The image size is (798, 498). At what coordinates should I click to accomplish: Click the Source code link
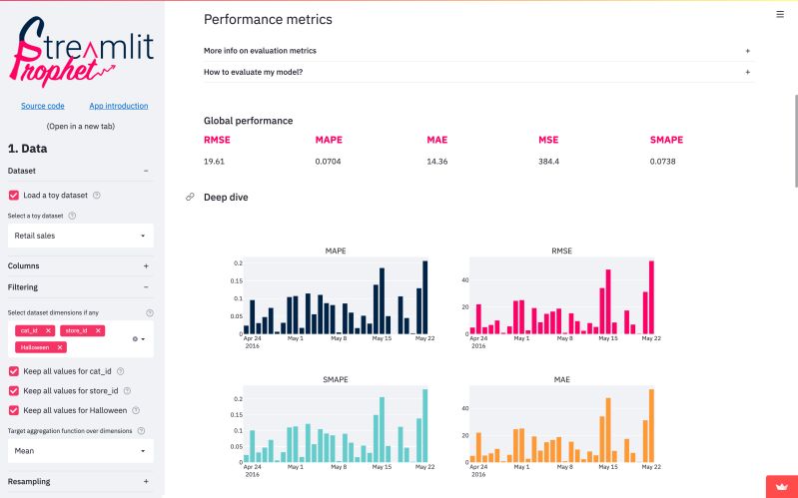43,106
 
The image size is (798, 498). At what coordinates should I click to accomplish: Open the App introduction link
118,106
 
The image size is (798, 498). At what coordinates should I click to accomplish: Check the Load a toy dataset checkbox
14,196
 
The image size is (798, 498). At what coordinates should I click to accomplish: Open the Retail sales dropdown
81,236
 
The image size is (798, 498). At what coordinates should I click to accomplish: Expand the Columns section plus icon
146,266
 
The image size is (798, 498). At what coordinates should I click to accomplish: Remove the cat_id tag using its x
48,330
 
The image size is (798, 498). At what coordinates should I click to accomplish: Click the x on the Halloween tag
60,347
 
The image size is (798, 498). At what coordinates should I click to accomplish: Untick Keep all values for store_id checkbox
14,390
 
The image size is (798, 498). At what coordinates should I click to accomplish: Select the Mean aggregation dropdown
81,450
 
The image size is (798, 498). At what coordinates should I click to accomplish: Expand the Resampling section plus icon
146,481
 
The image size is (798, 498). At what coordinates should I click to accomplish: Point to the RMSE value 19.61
215,161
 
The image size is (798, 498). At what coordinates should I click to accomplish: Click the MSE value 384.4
548,161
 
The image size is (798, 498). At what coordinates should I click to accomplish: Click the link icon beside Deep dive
190,198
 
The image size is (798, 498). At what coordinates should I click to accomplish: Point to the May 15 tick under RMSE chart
607,338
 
